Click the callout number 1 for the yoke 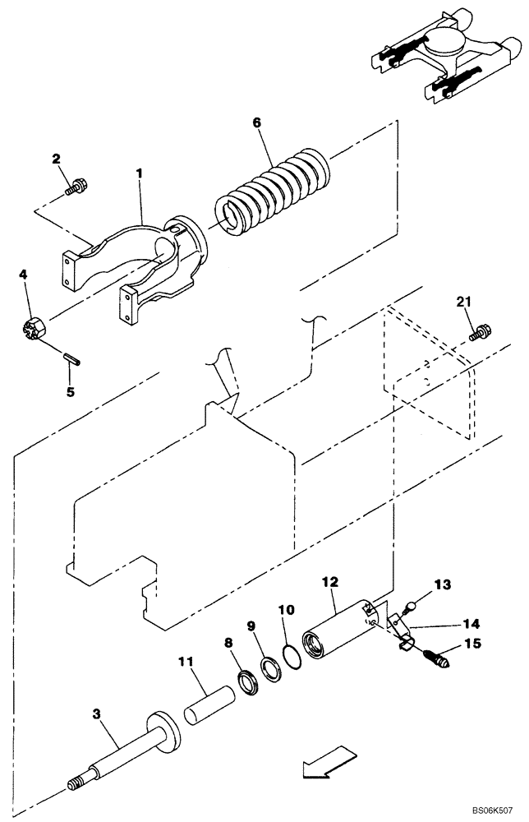[x=140, y=173]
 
